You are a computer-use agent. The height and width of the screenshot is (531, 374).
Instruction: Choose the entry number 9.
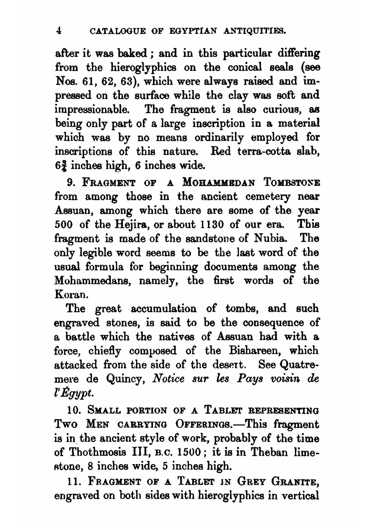71,183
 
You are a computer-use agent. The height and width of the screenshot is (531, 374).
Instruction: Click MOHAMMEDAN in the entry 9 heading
219,183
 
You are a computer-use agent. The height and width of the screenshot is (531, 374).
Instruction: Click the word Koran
71,295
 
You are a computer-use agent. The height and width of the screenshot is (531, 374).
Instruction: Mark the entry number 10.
73,411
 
